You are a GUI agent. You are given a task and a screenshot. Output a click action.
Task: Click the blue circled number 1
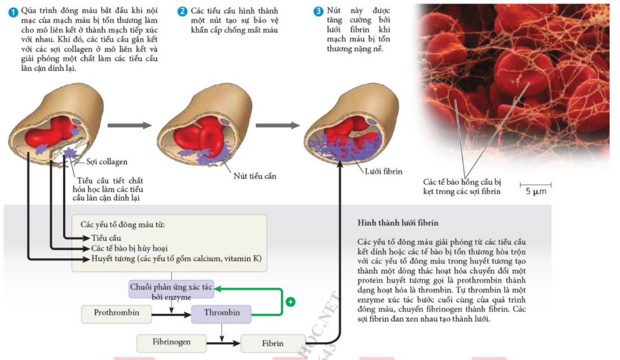point(13,13)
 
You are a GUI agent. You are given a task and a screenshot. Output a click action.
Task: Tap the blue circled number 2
point(182,11)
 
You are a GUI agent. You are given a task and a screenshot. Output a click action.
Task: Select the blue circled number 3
point(318,11)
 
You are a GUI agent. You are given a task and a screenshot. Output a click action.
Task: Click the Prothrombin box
point(116,313)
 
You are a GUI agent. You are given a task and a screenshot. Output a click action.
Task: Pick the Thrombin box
point(221,313)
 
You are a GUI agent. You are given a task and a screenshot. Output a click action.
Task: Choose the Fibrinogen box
point(171,343)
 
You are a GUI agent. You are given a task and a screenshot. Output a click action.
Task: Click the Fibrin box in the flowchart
point(273,343)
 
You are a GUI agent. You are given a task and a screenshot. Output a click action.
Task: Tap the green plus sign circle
point(291,302)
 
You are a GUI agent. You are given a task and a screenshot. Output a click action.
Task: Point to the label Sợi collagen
point(107,162)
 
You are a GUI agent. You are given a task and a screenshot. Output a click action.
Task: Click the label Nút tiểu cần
point(255,176)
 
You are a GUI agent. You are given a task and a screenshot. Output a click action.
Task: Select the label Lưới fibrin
point(383,171)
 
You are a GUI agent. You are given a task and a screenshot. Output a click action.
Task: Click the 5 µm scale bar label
point(536,192)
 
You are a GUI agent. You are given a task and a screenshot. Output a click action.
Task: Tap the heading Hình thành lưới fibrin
point(398,223)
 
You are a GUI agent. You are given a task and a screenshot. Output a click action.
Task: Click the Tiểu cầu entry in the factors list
point(106,238)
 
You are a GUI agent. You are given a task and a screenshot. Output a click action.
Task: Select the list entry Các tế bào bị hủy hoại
point(129,248)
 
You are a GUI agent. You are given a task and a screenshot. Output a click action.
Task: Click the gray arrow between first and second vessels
point(129,125)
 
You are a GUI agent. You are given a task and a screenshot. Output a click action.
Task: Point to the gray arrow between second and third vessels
point(278,125)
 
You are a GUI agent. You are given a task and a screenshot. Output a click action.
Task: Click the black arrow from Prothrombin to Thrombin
point(171,315)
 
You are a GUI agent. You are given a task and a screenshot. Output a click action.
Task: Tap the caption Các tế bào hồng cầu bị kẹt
point(462,187)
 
